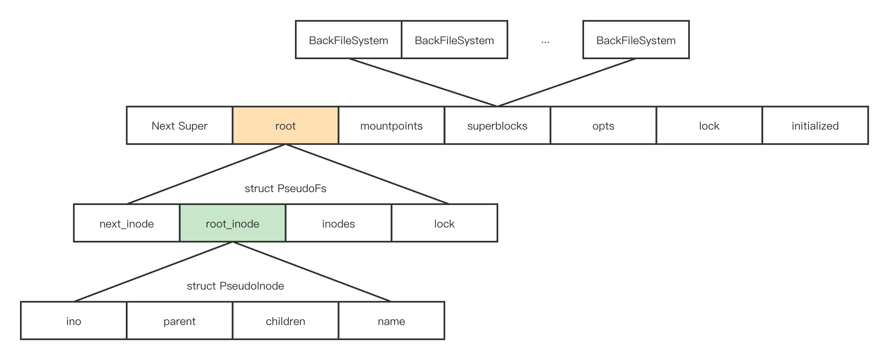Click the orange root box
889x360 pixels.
[285, 125]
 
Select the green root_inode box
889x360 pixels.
[232, 223]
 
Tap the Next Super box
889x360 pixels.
[180, 125]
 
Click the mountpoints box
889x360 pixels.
[392, 125]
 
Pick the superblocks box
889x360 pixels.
[497, 125]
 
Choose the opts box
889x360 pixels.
[603, 125]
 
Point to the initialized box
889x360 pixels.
[815, 125]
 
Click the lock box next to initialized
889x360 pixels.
[709, 125]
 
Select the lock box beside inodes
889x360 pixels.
[444, 223]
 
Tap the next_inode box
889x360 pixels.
[127, 223]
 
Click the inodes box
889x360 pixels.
[339, 223]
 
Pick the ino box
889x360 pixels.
[74, 320]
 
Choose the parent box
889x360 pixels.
[180, 320]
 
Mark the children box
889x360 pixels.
[285, 320]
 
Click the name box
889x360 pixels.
[392, 320]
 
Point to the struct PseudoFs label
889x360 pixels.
[285, 188]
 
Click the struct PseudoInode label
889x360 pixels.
[235, 286]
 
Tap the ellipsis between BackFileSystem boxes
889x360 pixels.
[545, 42]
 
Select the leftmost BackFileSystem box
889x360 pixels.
[349, 40]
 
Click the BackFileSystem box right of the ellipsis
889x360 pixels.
[636, 40]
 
